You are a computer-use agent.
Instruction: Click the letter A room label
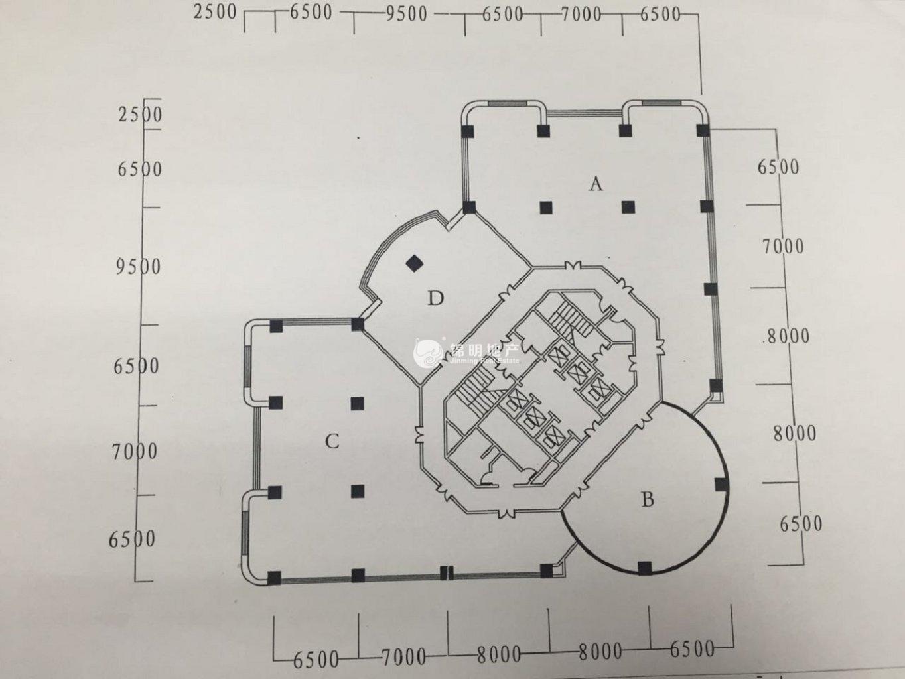click(596, 184)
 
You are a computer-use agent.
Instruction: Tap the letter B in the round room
click(648, 500)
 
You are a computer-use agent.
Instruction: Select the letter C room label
click(332, 441)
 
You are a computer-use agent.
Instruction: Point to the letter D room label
click(435, 298)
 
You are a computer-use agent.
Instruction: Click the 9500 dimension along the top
click(407, 15)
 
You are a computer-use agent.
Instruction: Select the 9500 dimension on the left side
click(138, 267)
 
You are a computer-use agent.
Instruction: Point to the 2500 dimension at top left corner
click(215, 13)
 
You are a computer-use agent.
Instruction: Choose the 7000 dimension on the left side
click(135, 452)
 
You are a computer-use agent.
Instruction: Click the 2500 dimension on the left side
click(140, 115)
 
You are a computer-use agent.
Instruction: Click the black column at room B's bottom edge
click(644, 568)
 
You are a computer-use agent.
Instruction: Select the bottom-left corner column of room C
click(274, 578)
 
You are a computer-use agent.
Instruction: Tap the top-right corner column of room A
click(703, 131)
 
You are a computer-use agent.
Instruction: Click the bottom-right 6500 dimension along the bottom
click(692, 650)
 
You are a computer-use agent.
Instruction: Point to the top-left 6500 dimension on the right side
click(778, 167)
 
